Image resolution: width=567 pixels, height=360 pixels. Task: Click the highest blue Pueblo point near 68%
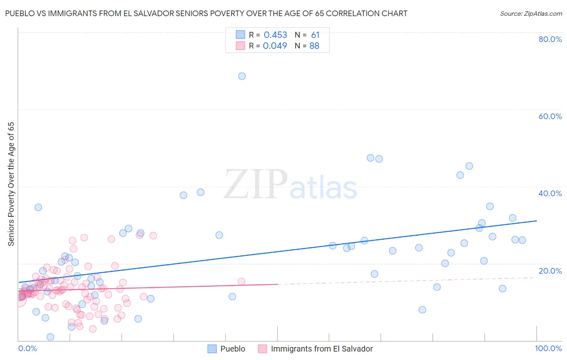click(x=242, y=76)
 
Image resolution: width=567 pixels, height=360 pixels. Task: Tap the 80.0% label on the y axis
click(x=550, y=39)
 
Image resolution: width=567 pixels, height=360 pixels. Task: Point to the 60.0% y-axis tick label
click(x=550, y=116)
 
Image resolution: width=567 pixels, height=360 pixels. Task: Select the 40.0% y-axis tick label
click(x=550, y=193)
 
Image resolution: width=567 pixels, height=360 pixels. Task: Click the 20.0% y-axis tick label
click(x=550, y=271)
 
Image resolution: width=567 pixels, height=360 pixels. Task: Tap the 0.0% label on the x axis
click(x=27, y=348)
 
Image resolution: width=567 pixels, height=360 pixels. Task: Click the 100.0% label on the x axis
click(x=548, y=348)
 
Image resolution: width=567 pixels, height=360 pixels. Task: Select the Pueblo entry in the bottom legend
click(x=233, y=349)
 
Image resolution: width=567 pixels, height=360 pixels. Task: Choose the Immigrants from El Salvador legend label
click(x=322, y=349)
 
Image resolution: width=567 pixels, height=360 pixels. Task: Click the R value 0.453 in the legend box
click(x=275, y=35)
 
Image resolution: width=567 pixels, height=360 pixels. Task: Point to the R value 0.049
click(x=275, y=46)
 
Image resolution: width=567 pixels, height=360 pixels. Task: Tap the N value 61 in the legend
click(x=315, y=35)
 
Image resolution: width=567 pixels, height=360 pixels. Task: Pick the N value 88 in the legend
click(x=314, y=46)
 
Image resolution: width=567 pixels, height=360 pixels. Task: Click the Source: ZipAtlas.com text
click(x=531, y=13)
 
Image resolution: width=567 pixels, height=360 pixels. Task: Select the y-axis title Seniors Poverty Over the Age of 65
click(x=11, y=184)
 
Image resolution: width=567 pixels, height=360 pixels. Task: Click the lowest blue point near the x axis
click(x=50, y=337)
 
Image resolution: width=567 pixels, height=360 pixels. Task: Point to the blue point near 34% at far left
click(x=38, y=207)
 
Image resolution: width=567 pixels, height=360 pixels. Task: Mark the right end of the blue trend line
click(x=536, y=221)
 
